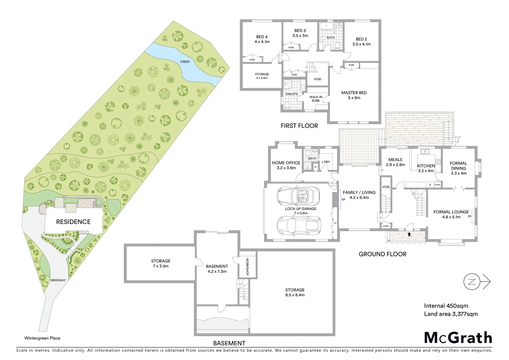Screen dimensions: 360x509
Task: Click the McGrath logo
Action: point(458,338)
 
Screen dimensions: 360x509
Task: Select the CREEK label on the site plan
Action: point(185,62)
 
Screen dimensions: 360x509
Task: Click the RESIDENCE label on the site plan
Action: point(73,222)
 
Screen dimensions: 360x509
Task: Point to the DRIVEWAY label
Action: point(58,280)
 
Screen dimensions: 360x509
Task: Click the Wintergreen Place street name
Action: point(42,338)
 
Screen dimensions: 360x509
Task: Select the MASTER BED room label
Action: point(354,93)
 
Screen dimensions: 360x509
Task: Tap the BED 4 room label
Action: point(262,37)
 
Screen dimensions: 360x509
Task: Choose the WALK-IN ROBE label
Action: point(316,99)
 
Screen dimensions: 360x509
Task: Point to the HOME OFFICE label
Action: point(286,163)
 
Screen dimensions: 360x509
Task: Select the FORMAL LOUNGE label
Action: point(451,212)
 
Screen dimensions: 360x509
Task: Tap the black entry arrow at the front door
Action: point(409,234)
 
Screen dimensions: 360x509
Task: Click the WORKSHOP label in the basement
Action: point(248,266)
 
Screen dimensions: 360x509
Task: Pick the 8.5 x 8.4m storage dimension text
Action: point(295,295)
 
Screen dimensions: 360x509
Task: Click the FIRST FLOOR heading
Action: point(299,126)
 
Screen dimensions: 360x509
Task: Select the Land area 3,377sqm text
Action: point(451,314)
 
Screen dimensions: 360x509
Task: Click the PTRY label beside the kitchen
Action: point(437,185)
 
